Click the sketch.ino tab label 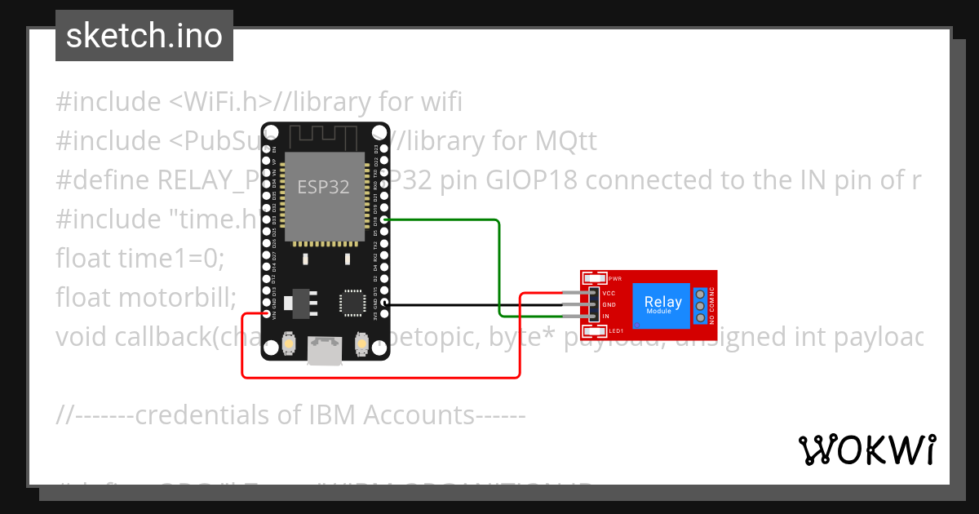point(144,36)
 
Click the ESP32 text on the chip point(323,187)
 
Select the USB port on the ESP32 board point(324,352)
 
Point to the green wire point(498,269)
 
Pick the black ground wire point(473,304)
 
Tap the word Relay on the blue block point(662,302)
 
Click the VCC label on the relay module point(609,293)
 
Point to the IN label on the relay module point(605,316)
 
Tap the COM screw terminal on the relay point(699,305)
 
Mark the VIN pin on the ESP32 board point(267,314)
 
